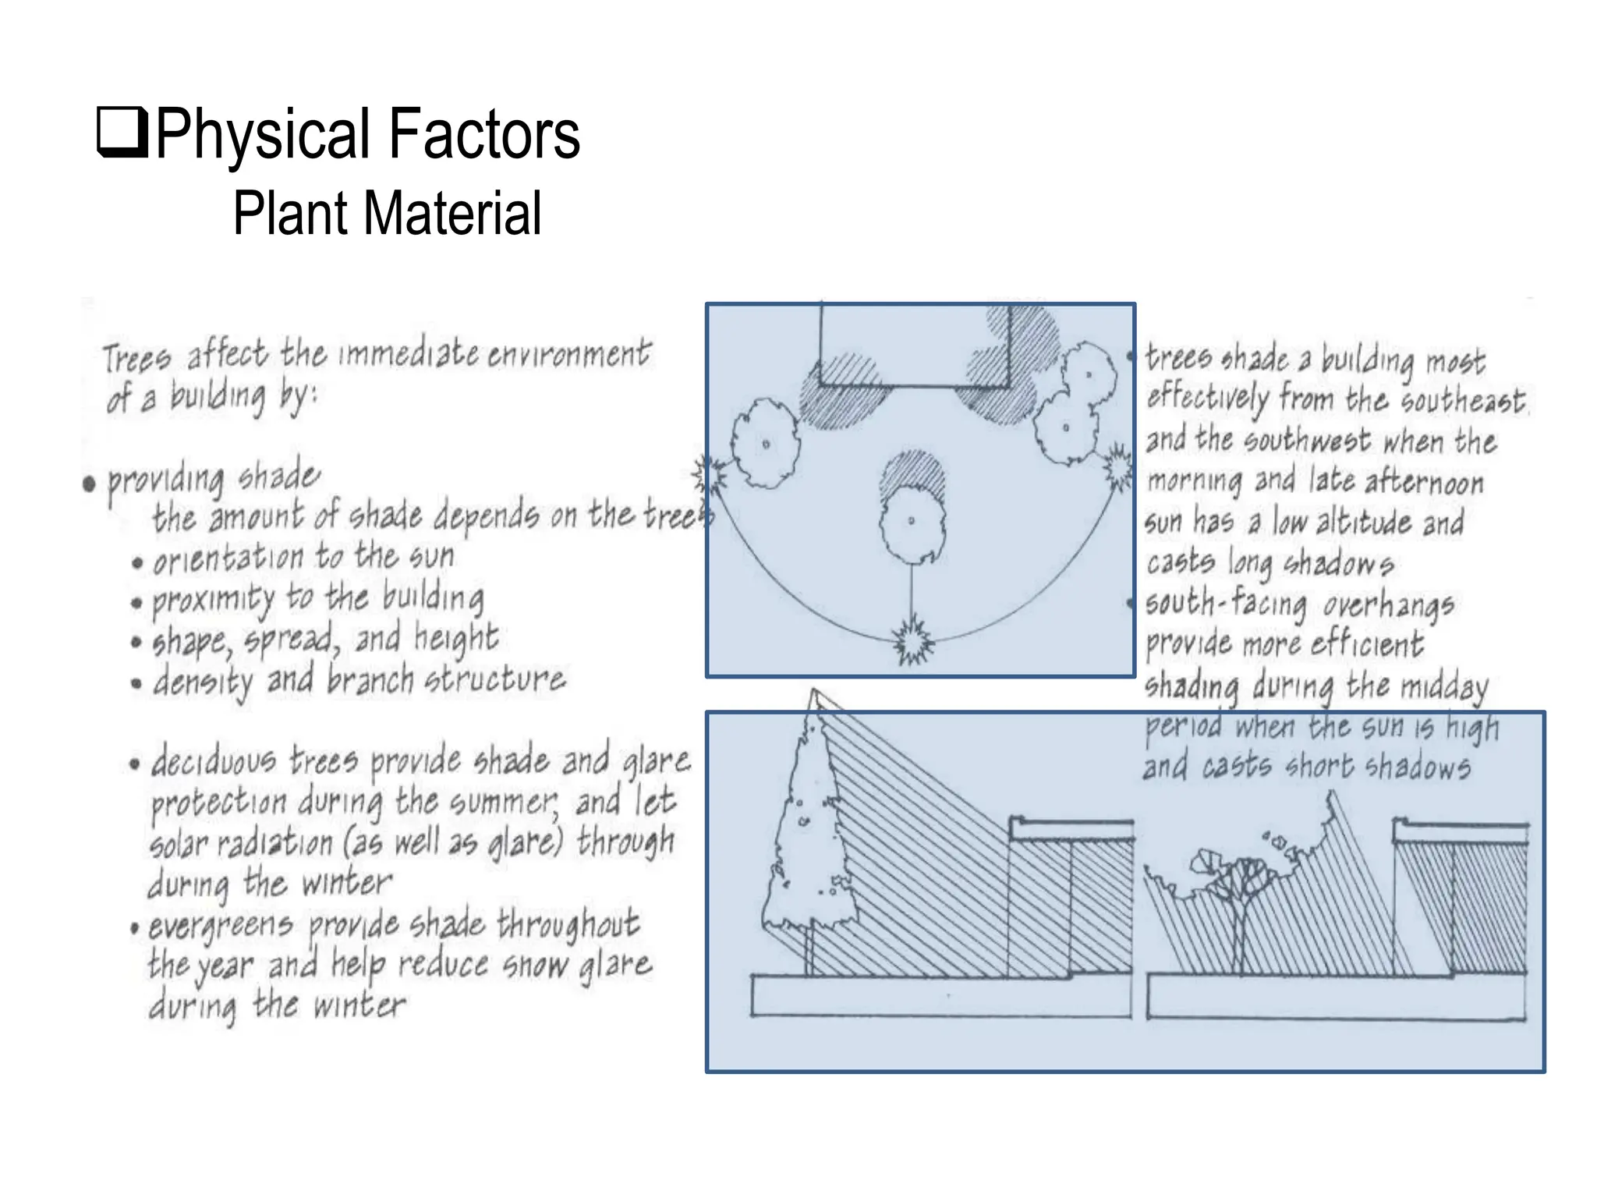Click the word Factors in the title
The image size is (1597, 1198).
point(483,134)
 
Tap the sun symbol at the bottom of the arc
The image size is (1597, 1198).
point(912,642)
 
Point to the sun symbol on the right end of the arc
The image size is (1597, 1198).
point(1118,468)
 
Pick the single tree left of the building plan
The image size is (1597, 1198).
point(766,443)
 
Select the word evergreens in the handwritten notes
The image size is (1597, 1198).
point(221,926)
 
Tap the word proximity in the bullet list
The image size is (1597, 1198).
point(213,599)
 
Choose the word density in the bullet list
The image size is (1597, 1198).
point(203,682)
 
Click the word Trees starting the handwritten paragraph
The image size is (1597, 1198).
point(136,359)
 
